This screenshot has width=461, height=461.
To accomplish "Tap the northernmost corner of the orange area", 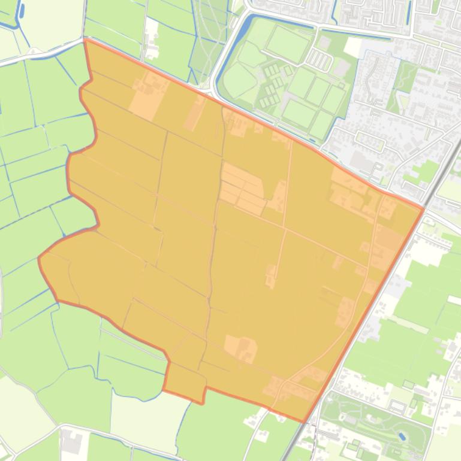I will tap(86, 40).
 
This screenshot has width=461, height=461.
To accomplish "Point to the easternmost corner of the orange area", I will tap(423, 209).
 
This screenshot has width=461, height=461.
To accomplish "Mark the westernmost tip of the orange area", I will tap(40, 258).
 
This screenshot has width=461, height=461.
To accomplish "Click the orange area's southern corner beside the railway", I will tap(304, 421).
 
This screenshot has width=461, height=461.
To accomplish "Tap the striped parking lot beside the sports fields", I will tap(319, 60).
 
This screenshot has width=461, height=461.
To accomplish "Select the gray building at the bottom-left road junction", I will tap(72, 443).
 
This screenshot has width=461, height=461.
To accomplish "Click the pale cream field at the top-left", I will tap(51, 21).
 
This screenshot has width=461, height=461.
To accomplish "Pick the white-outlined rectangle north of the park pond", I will tap(397, 407).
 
